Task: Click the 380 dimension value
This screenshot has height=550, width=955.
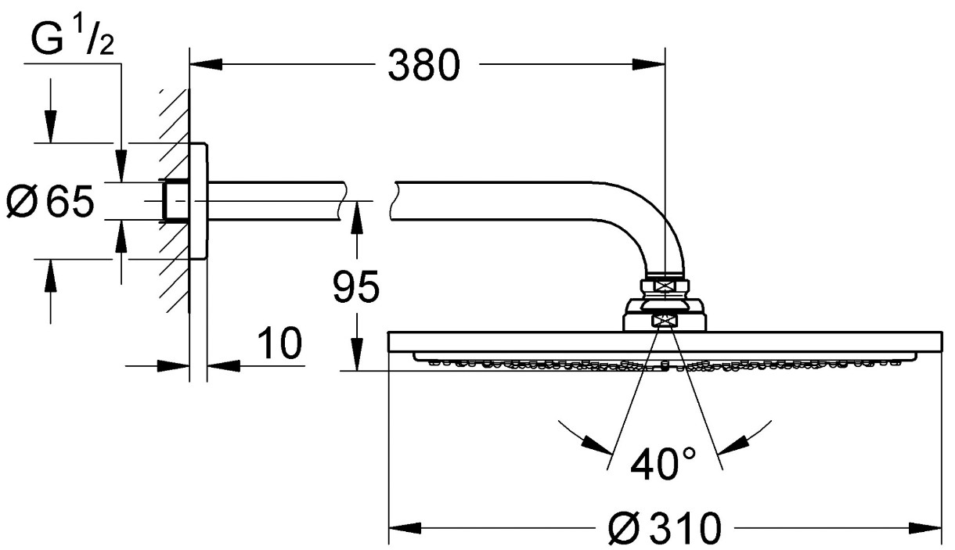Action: point(423,65)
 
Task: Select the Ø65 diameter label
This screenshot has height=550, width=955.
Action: point(50,201)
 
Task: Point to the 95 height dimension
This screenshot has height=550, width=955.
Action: point(356,286)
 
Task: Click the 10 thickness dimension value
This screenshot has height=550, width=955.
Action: point(279,343)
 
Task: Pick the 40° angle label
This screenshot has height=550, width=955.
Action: point(662,464)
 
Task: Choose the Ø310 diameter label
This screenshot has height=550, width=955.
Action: point(665,528)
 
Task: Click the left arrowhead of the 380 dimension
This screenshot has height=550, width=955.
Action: point(207,65)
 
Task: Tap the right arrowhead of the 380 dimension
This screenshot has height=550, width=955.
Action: point(648,65)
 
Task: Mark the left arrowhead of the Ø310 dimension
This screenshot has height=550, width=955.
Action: point(405,528)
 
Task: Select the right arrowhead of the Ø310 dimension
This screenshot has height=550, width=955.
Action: point(925,528)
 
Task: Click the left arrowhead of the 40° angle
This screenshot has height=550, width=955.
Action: point(596,444)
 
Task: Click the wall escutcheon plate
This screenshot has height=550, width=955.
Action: point(198,201)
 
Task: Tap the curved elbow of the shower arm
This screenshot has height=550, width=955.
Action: point(648,226)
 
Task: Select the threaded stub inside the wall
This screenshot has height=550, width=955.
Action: point(175,201)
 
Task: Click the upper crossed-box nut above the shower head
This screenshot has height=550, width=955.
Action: point(665,286)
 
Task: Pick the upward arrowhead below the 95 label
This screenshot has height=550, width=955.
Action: point(356,218)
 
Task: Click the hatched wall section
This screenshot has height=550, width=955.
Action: point(175,200)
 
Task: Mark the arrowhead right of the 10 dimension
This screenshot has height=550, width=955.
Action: point(223,365)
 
